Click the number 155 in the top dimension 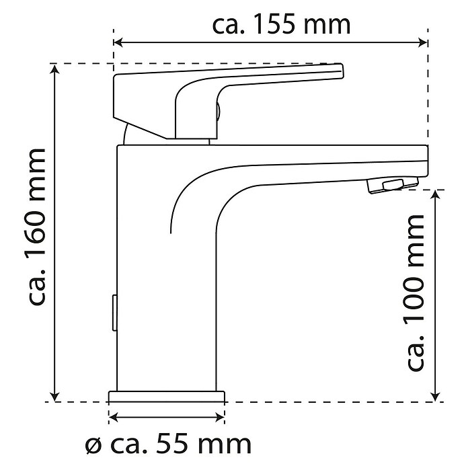(x=274, y=24)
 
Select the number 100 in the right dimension (x=414, y=299)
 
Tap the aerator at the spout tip (x=393, y=184)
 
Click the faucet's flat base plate (x=167, y=396)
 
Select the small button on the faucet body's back (x=114, y=313)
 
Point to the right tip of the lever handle (x=343, y=71)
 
